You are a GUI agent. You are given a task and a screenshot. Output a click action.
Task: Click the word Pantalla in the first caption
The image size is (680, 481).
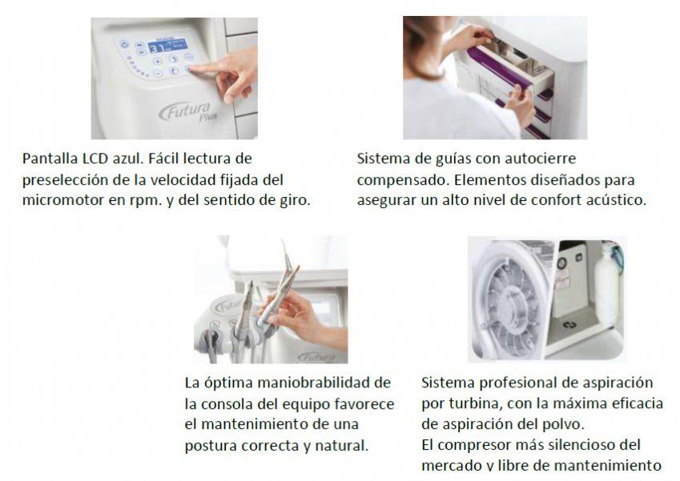pos(50,159)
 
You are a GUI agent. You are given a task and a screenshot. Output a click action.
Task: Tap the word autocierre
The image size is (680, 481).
pos(539,159)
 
